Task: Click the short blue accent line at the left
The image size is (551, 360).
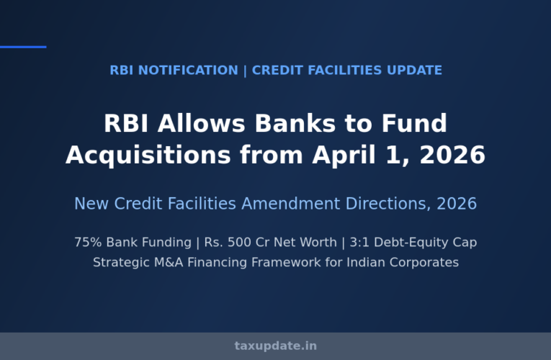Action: click(23, 47)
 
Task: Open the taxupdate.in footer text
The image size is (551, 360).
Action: click(275, 346)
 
